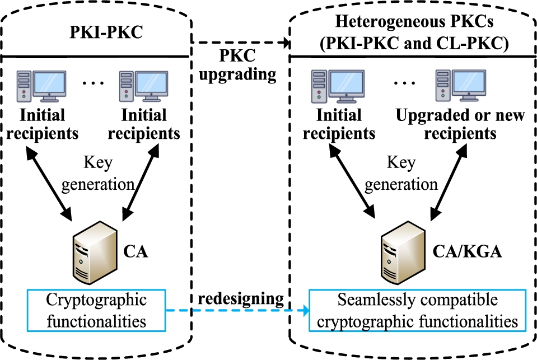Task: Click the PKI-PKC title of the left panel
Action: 106,32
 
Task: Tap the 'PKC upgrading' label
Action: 240,66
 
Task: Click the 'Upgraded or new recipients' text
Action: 460,124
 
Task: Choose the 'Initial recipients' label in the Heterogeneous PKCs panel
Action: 338,124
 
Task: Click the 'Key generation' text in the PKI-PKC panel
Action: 98,173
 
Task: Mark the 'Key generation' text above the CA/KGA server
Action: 401,173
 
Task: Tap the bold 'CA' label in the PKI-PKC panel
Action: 136,251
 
